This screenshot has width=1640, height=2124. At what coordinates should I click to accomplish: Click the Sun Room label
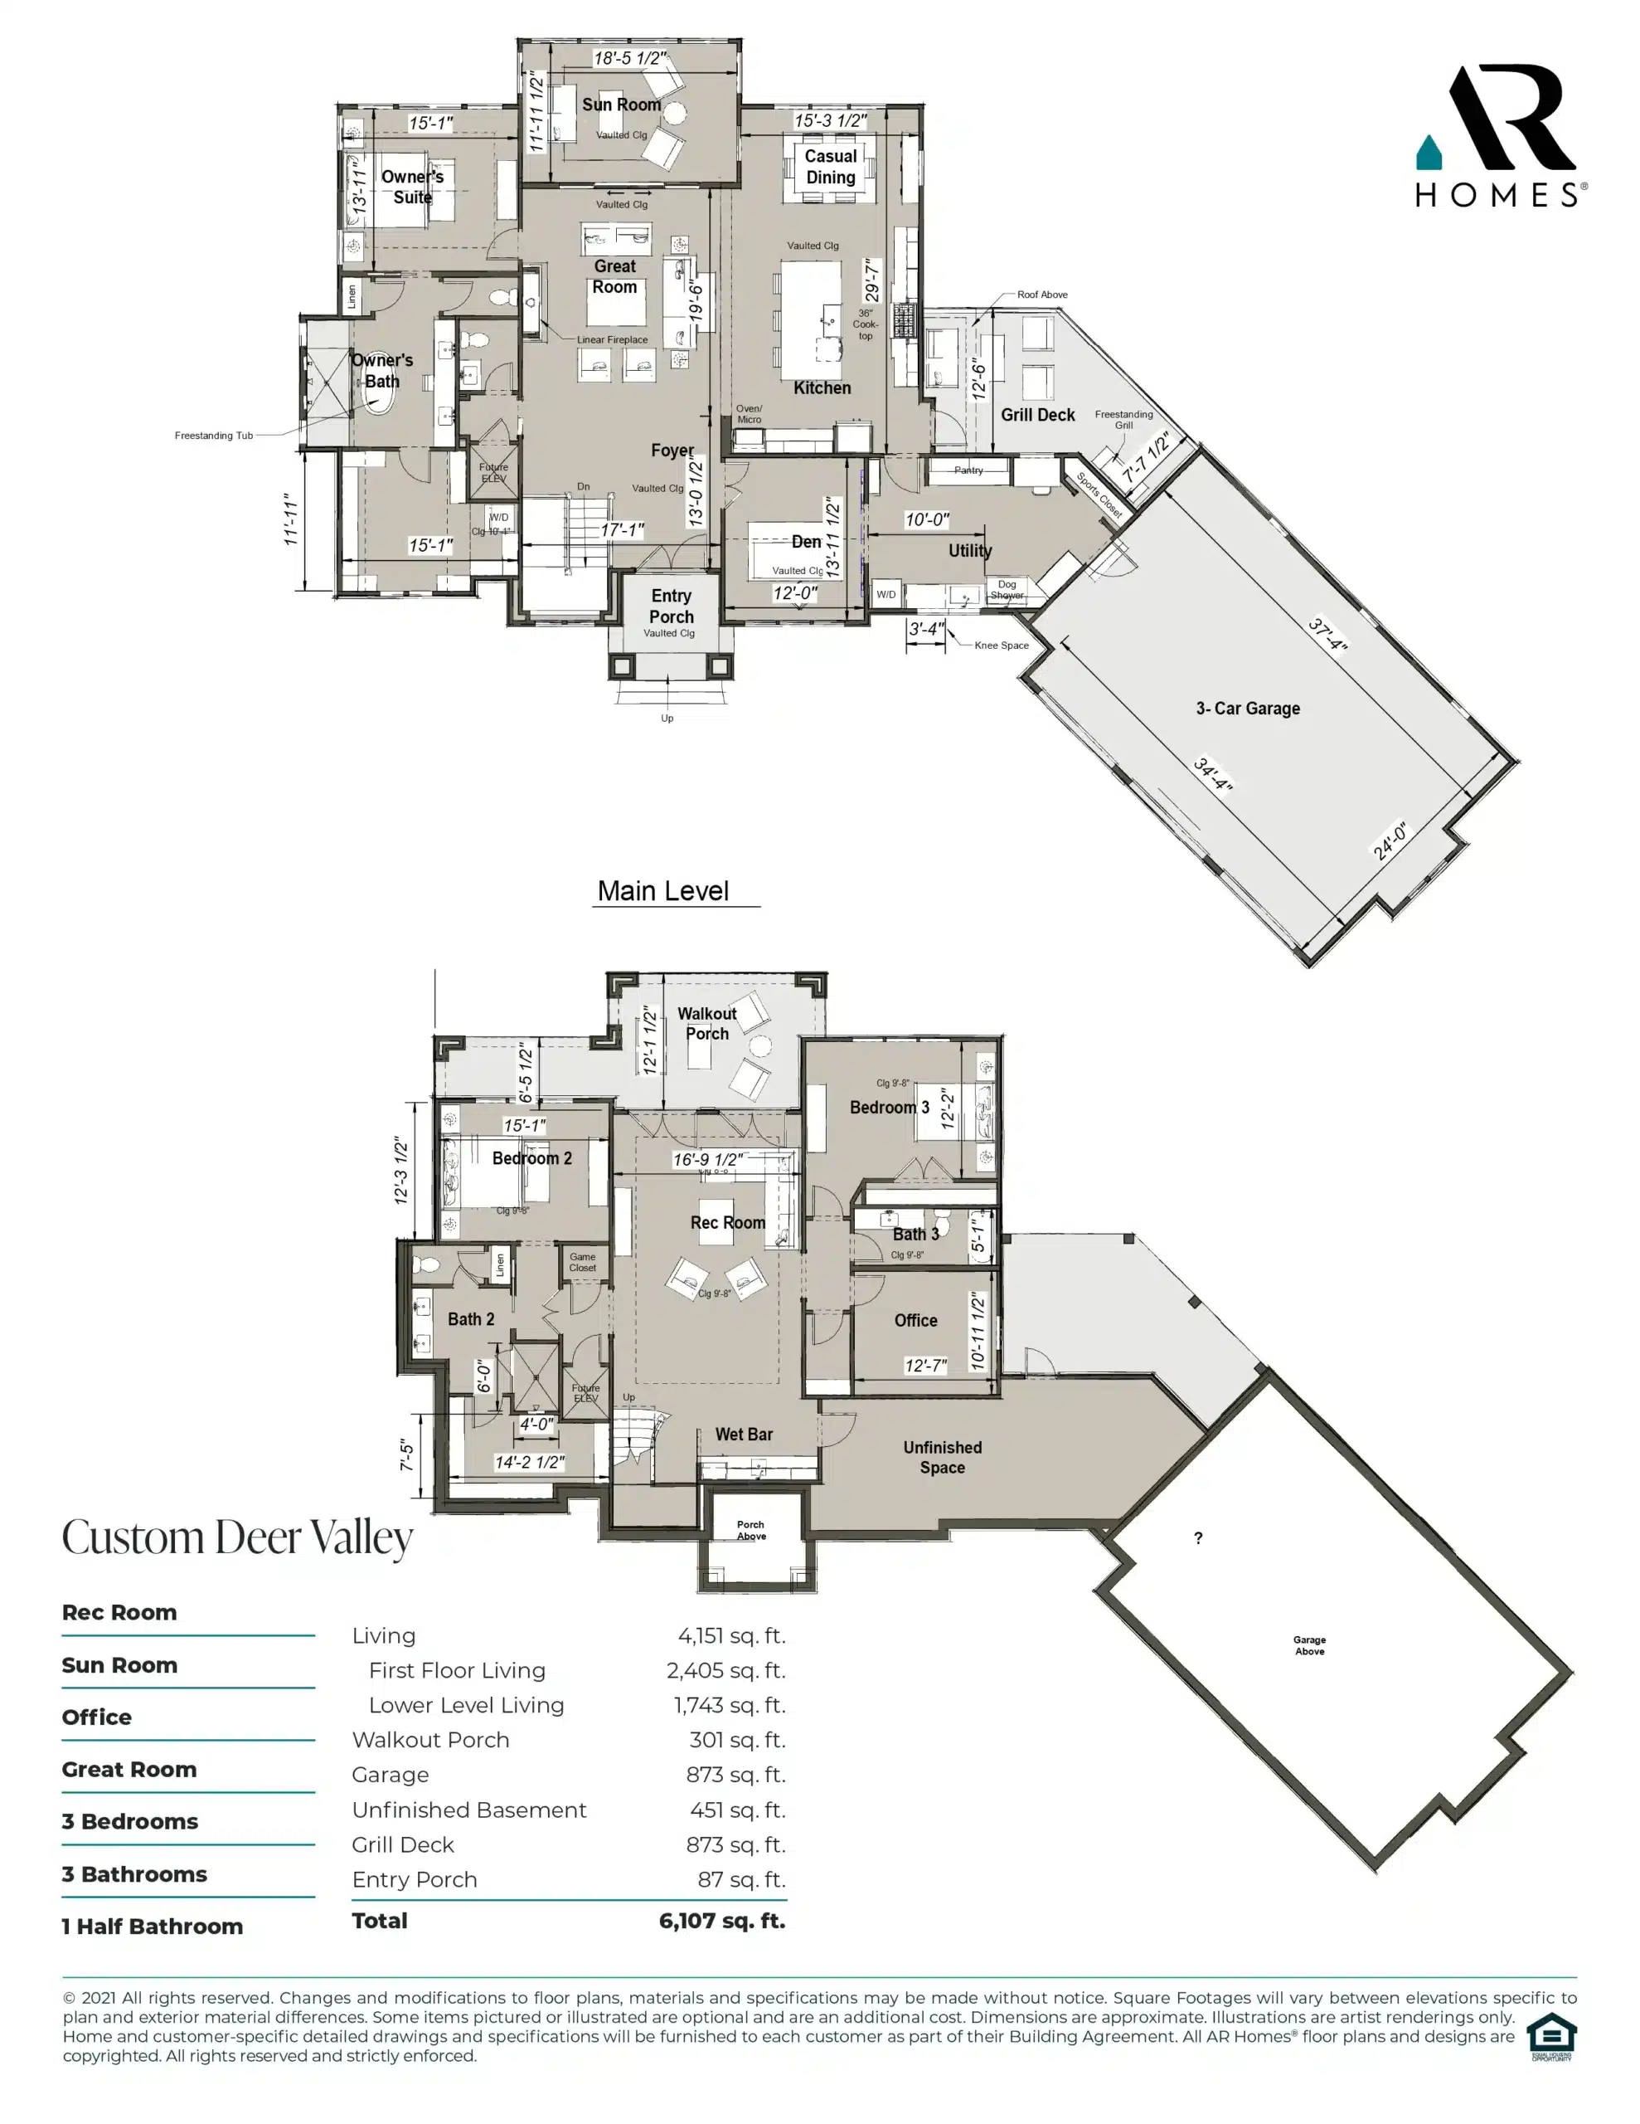[620, 104]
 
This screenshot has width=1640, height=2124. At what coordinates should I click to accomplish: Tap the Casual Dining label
[830, 166]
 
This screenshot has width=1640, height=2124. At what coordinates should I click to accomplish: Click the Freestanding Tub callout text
[214, 436]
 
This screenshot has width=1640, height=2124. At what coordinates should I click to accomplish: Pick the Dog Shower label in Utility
[1007, 589]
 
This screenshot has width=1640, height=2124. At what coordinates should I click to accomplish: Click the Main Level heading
[663, 891]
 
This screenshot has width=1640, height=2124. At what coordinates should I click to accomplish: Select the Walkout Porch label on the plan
[706, 1023]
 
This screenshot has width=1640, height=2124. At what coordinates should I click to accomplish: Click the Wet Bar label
[744, 1435]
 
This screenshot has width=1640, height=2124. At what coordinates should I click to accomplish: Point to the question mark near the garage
[1198, 1537]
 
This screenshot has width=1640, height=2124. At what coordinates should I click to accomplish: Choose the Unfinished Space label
[942, 1457]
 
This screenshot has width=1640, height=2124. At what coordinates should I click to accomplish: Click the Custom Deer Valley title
[237, 1537]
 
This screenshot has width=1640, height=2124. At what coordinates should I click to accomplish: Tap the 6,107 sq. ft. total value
[721, 1921]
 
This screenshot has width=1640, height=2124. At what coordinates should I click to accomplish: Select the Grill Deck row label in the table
[402, 1845]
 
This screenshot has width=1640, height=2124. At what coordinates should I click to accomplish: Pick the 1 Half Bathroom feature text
[153, 1927]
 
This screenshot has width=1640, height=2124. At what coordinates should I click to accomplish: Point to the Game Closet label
[582, 1261]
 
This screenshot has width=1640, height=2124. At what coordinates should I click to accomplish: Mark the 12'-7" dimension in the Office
[924, 1366]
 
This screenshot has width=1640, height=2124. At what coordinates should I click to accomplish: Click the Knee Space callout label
[1002, 645]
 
